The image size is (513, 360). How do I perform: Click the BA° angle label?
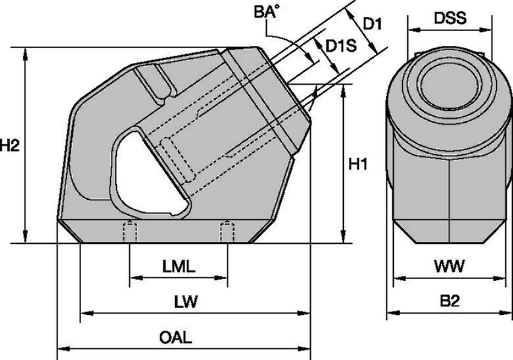tap(267, 12)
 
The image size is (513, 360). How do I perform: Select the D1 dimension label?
tap(373, 24)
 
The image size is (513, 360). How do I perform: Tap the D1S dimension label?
tap(341, 46)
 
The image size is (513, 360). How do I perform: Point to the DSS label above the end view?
tap(450, 18)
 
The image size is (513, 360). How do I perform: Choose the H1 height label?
tap(358, 164)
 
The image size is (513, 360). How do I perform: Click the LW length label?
tap(186, 301)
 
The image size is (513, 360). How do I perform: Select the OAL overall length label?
tap(176, 337)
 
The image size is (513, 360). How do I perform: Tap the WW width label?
tap(450, 266)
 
